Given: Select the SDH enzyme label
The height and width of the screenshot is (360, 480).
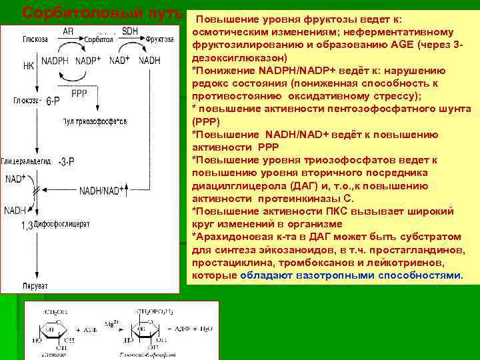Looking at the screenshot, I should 130,31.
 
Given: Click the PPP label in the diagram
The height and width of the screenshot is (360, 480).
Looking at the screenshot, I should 79,93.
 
